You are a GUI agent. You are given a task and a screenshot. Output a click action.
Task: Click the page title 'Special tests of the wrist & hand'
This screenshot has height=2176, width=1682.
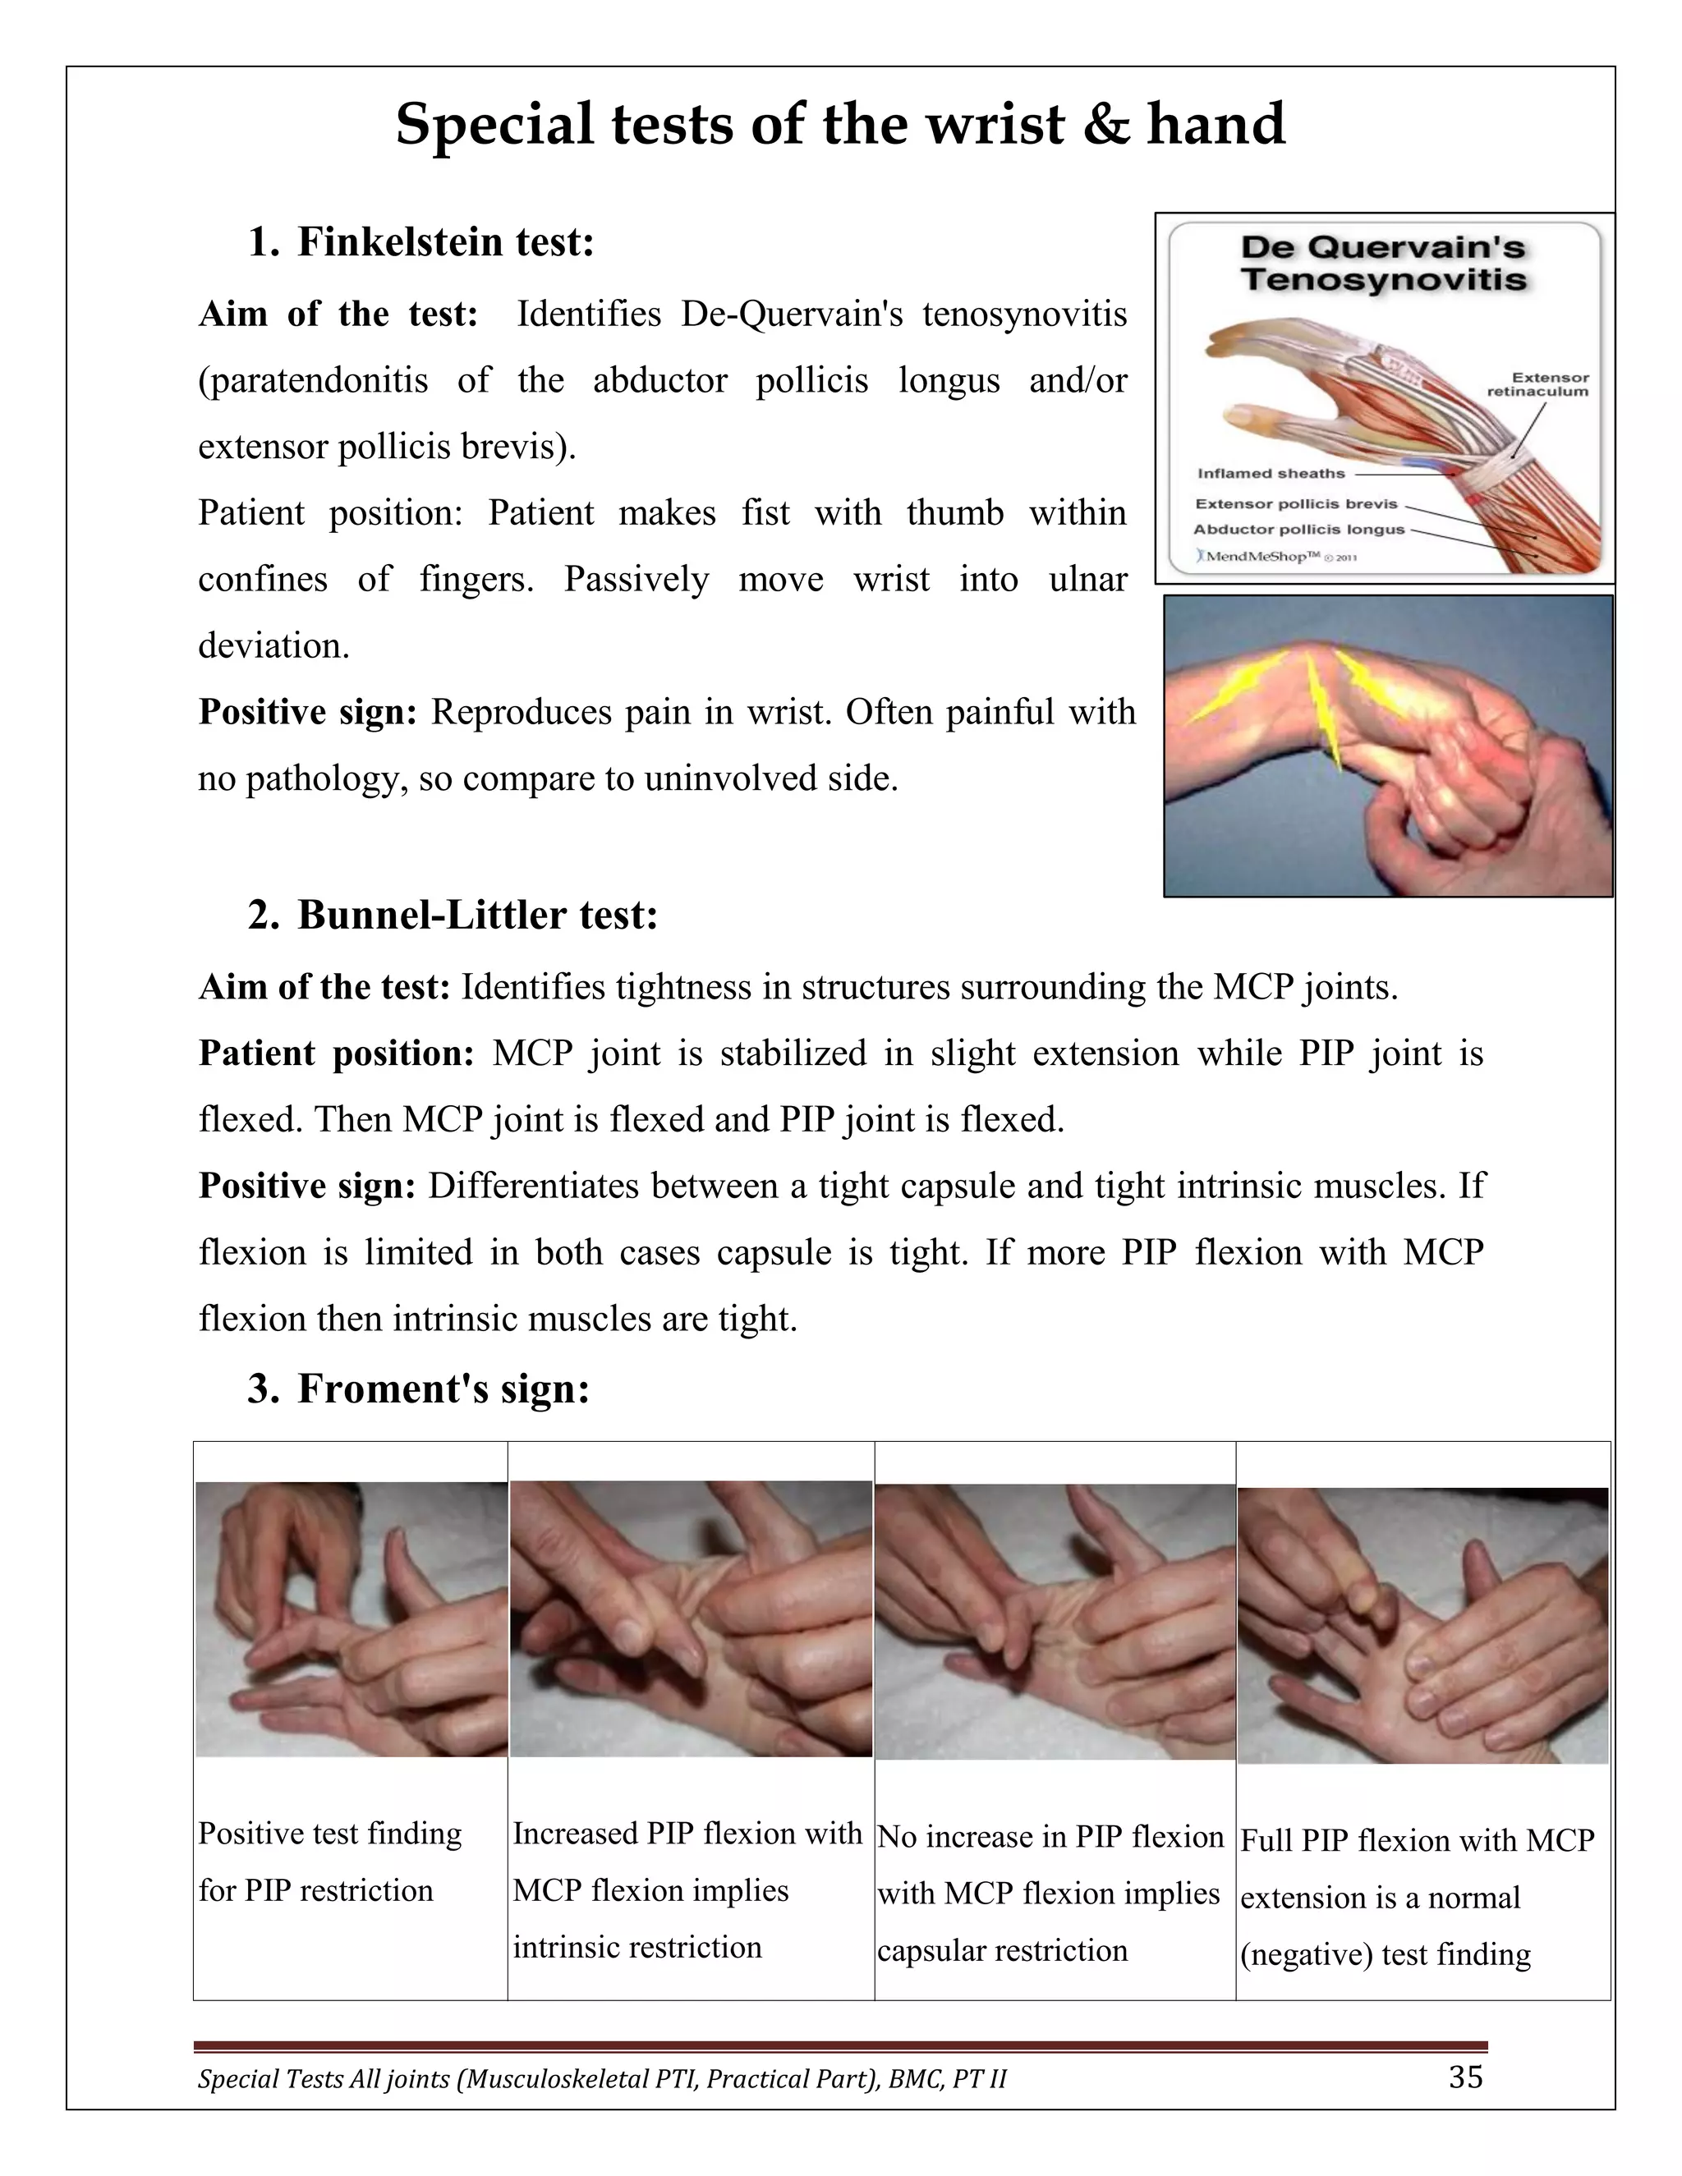tap(840, 125)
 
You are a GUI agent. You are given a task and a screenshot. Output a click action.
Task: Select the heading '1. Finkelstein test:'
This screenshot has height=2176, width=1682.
tap(420, 242)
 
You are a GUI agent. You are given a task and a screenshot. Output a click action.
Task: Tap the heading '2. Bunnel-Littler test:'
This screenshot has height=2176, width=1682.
tap(453, 915)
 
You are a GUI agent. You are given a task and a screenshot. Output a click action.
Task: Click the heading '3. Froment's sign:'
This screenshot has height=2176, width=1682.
tap(419, 1388)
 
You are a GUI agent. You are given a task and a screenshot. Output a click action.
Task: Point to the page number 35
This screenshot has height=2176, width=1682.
tap(1465, 2077)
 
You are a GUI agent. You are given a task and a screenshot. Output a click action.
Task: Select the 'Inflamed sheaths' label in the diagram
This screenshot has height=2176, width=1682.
tap(1271, 473)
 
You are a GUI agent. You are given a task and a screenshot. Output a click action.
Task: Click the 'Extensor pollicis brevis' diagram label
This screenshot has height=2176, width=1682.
tap(1295, 503)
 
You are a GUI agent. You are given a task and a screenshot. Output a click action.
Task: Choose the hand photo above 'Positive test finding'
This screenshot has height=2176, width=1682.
tap(351, 1618)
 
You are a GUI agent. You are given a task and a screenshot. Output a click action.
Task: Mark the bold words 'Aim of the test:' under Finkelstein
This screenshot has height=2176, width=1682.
tap(338, 314)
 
